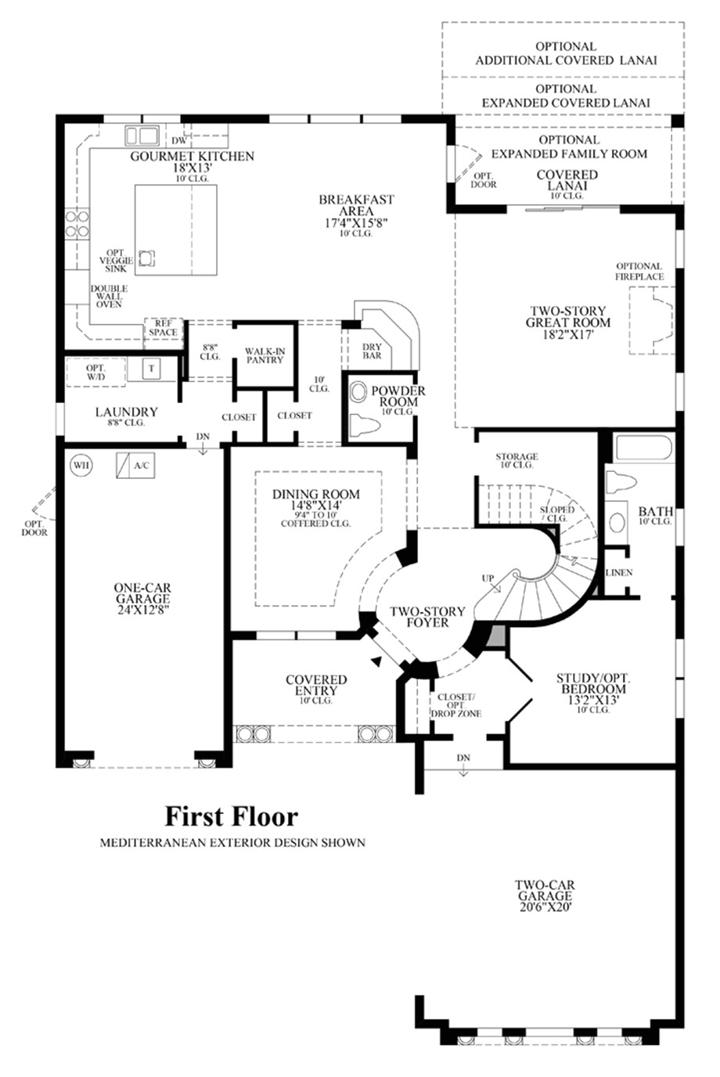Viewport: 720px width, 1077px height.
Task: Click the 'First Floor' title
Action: (231, 816)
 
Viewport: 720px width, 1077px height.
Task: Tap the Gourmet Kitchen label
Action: (193, 157)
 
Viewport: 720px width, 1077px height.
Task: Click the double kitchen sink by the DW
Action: (142, 135)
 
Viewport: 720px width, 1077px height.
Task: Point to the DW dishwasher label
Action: (178, 141)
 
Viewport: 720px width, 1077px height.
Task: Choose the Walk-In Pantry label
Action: (265, 356)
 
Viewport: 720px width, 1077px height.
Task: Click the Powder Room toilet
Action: (365, 426)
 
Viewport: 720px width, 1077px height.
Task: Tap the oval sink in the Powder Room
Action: (358, 392)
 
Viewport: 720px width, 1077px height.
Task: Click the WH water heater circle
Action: (81, 466)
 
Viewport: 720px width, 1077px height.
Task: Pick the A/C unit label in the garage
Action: (142, 466)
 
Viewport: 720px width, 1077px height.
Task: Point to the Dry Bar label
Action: (372, 351)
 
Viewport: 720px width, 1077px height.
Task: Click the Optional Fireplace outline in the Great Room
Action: (652, 320)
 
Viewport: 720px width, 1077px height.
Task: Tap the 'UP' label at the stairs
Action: (488, 578)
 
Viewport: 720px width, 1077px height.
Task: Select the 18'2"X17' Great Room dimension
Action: (568, 334)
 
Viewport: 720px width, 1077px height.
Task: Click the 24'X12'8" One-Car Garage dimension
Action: (142, 610)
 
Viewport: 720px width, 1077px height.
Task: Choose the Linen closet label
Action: (619, 573)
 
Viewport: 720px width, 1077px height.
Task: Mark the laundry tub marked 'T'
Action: (151, 369)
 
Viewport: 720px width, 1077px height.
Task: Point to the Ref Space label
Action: (163, 328)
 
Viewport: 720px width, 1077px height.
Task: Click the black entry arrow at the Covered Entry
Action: (377, 661)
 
